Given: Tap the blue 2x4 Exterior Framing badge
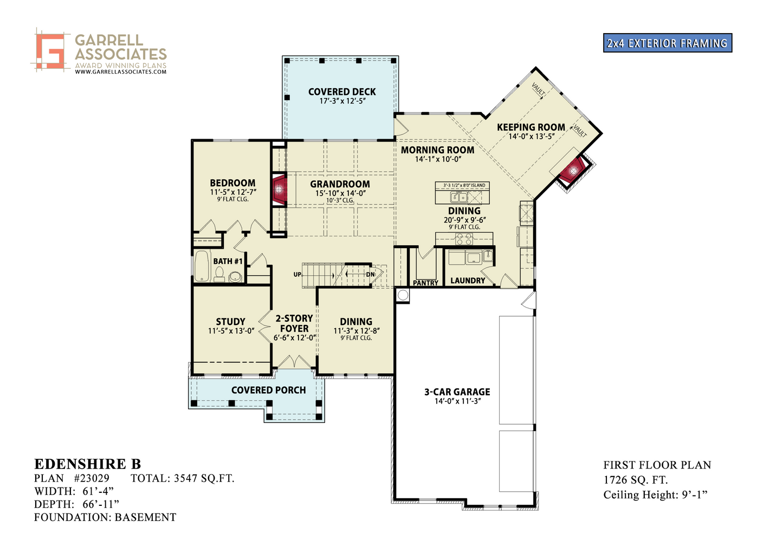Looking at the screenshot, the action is pyautogui.click(x=667, y=43).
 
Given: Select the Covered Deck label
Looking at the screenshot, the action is pyautogui.click(x=342, y=92).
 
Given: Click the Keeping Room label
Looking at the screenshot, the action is pyautogui.click(x=531, y=127).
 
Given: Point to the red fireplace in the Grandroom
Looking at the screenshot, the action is pyautogui.click(x=280, y=190).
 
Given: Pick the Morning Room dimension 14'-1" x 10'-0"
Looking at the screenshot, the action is pyautogui.click(x=438, y=159).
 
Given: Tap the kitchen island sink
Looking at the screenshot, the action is pyautogui.click(x=459, y=197).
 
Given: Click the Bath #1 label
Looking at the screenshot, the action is pyautogui.click(x=228, y=261).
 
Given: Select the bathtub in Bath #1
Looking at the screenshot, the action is pyautogui.click(x=202, y=266).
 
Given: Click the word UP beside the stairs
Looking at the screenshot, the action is pyautogui.click(x=297, y=275).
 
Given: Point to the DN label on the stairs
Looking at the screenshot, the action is pyautogui.click(x=370, y=275).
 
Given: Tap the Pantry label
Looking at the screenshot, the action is pyautogui.click(x=425, y=283).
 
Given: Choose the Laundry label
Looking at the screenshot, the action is pyautogui.click(x=468, y=281).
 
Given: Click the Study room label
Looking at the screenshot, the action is pyautogui.click(x=230, y=322).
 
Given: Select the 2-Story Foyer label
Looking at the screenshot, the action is pyautogui.click(x=294, y=323).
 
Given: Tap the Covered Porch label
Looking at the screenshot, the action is pyautogui.click(x=268, y=390).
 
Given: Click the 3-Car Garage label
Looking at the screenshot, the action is pyautogui.click(x=457, y=392).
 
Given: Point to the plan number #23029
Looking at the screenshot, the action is pyautogui.click(x=92, y=478).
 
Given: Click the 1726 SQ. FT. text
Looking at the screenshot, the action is pyautogui.click(x=636, y=480).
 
